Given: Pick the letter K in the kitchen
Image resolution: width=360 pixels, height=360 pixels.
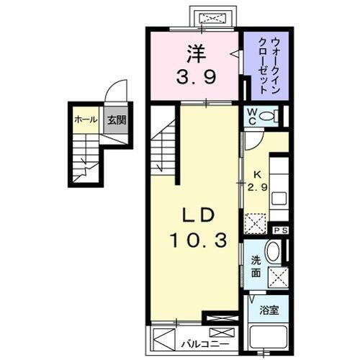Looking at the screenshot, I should pyautogui.click(x=256, y=175).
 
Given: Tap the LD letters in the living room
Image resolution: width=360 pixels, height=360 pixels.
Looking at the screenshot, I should pyautogui.click(x=195, y=217).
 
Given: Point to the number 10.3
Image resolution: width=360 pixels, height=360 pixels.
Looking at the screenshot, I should pyautogui.click(x=195, y=239).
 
